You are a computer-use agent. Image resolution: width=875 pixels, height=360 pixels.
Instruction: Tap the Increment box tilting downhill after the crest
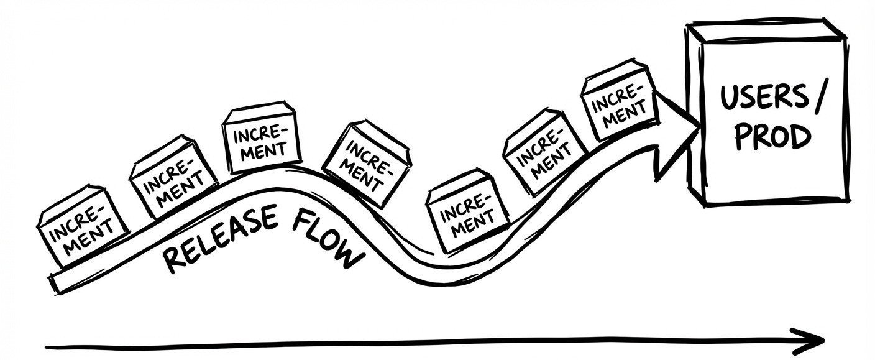coord(367,164)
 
